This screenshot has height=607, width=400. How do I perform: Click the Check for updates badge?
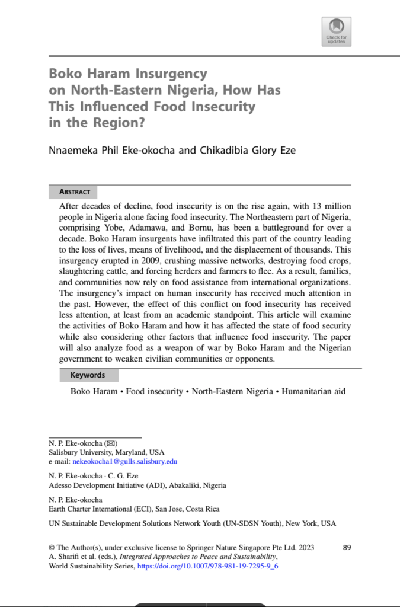[336, 31]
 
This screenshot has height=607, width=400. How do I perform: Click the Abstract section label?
[75, 192]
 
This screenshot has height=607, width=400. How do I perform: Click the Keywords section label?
[88, 375]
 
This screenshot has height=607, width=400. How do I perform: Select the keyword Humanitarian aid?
[313, 392]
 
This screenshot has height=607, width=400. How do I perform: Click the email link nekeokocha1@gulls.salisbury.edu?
[124, 461]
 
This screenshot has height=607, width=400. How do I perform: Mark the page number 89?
[347, 547]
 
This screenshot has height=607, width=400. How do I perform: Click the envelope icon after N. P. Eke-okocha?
[111, 443]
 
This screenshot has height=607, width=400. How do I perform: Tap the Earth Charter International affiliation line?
[133, 509]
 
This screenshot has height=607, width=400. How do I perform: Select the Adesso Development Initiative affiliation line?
[137, 485]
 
